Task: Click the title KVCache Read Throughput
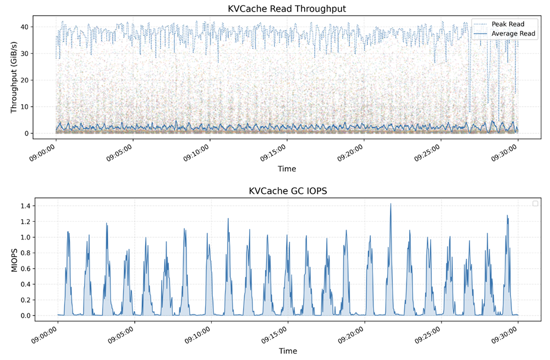tap(287, 9)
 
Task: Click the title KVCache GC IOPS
tap(287, 191)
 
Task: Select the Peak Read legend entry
tap(508, 24)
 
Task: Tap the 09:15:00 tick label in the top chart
tap(273, 152)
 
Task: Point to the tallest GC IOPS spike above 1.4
tap(391, 204)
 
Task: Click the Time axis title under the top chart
tap(287, 168)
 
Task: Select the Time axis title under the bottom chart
tap(287, 351)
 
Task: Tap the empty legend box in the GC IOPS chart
tap(535, 204)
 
